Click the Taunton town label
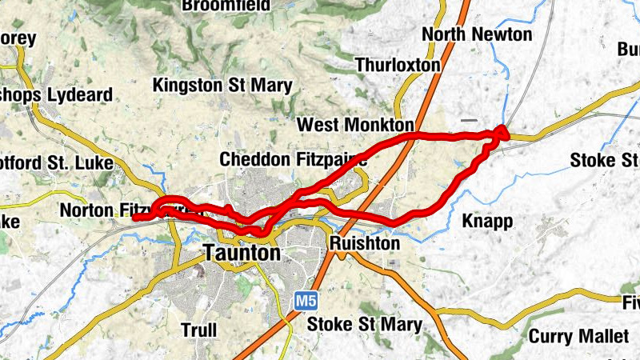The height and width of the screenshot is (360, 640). click(x=242, y=254)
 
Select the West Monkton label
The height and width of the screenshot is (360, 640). click(x=355, y=126)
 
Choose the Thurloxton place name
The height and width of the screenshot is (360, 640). click(x=398, y=64)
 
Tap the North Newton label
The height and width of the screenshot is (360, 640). click(x=476, y=34)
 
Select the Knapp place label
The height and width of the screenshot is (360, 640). click(x=487, y=222)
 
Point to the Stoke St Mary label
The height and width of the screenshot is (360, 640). click(x=364, y=325)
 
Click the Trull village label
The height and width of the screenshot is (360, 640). click(x=199, y=329)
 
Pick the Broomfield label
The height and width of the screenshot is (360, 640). click(x=226, y=6)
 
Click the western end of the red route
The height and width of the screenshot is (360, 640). click(x=134, y=217)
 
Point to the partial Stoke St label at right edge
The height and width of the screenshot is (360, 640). click(x=604, y=160)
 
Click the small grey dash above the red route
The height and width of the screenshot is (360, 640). click(x=469, y=121)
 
